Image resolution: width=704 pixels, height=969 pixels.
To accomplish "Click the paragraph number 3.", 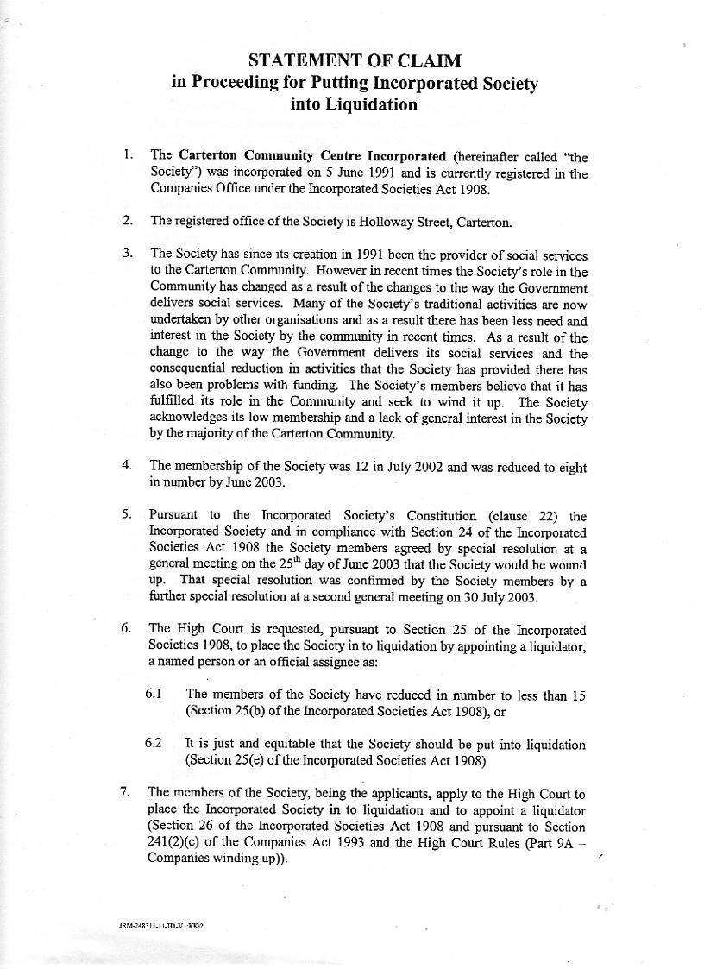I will pos(127,253).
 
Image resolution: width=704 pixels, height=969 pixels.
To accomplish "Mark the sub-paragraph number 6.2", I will pos(154,744).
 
